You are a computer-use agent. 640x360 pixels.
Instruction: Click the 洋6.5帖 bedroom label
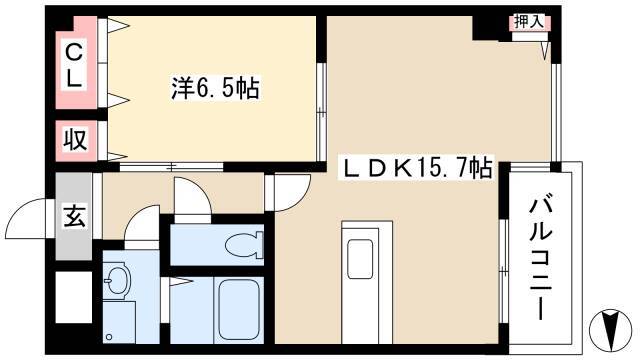(x=215, y=88)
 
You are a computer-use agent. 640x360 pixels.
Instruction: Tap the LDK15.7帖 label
(x=416, y=167)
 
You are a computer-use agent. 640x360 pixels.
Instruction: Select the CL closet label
(x=74, y=66)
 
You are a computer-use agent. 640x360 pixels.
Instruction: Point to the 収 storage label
(x=75, y=140)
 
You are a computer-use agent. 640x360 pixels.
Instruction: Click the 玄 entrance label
(x=74, y=216)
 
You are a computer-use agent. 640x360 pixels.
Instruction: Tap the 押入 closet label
(x=529, y=22)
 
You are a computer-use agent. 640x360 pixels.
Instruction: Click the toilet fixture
(x=244, y=245)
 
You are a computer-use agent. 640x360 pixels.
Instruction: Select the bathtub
(x=238, y=309)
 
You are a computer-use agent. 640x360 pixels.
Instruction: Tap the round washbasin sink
(x=117, y=280)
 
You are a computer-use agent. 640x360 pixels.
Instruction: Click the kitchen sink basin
(x=360, y=259)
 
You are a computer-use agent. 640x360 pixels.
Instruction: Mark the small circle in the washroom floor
(x=109, y=337)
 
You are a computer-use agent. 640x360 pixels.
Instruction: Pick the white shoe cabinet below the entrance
(x=74, y=297)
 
